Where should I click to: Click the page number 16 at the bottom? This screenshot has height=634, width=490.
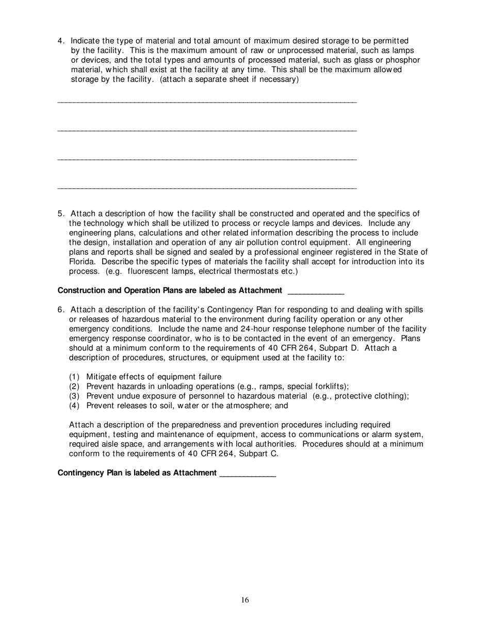click(x=244, y=599)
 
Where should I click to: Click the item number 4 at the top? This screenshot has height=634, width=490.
click(x=60, y=41)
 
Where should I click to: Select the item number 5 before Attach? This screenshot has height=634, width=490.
click(x=60, y=213)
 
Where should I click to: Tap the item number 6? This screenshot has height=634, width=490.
click(x=60, y=309)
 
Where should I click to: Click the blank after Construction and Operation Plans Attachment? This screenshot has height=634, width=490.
click(x=315, y=291)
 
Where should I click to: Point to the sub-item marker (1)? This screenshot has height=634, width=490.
click(x=75, y=376)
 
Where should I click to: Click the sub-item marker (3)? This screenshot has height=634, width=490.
click(x=75, y=396)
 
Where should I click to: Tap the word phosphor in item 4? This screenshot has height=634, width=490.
click(x=403, y=60)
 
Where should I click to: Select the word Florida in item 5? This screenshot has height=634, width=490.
click(x=81, y=261)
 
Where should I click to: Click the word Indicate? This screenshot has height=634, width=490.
click(x=87, y=41)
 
